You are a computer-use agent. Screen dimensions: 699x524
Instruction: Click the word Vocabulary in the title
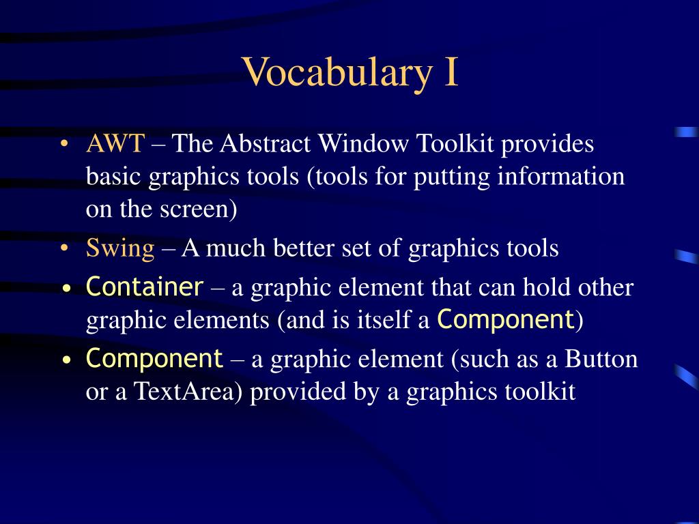click(x=337, y=73)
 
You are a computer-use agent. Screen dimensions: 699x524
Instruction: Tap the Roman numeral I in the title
click(x=451, y=72)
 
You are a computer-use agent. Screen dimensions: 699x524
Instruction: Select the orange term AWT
click(x=115, y=144)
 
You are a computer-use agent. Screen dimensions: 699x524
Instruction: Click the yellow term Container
click(x=145, y=287)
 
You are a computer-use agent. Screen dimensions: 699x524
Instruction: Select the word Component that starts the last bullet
click(x=154, y=359)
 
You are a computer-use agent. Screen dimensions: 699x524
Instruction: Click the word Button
click(x=601, y=359)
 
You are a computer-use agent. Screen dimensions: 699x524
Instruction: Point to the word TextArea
click(x=188, y=392)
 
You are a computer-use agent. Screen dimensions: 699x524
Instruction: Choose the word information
click(x=561, y=176)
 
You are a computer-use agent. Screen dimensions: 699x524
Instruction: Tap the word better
click(x=303, y=248)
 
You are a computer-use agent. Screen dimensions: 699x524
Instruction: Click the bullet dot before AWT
click(x=65, y=145)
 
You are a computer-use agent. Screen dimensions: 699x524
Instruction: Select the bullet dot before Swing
click(x=65, y=248)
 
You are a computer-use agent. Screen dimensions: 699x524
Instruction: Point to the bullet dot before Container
click(x=67, y=289)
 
